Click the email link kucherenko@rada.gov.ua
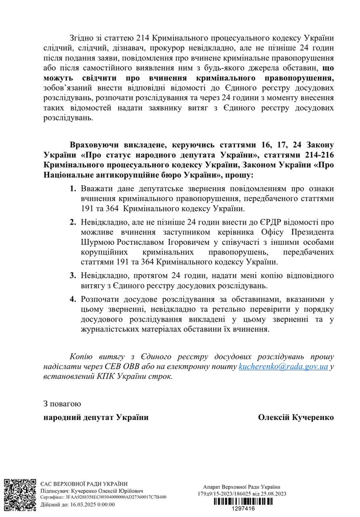283,367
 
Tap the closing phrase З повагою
62,404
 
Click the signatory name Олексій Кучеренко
296,418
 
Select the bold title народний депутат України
96,418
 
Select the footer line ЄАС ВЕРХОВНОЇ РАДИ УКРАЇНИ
84,483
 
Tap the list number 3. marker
73,275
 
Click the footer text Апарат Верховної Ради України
242,487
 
